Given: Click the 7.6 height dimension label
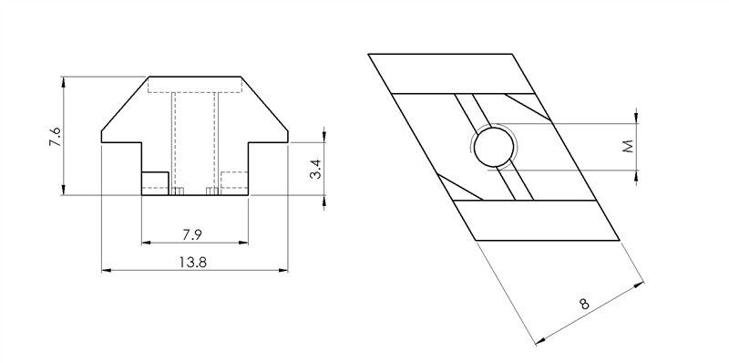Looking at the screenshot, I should tap(56, 138).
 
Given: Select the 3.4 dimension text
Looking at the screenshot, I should tap(315, 169).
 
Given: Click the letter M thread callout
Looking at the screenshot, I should tap(628, 146).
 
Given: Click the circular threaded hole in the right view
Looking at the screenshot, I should tap(493, 146).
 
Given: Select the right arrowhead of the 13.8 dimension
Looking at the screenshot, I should tap(283, 271).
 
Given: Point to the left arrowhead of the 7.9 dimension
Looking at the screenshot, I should tap(146, 243).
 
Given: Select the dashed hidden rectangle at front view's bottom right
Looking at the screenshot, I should tap(234, 182).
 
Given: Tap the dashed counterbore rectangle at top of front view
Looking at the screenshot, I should tap(194, 85).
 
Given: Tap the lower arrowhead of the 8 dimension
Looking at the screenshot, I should tap(540, 340).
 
